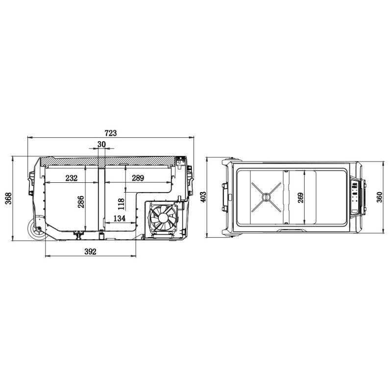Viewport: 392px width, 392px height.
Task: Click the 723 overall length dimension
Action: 111,133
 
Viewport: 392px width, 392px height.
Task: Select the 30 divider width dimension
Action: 101,144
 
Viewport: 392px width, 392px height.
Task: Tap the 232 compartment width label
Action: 72,178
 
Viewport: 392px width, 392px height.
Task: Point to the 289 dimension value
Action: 138,178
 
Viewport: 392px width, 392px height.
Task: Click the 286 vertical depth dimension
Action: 81,202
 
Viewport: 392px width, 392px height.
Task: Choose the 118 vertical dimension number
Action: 121,204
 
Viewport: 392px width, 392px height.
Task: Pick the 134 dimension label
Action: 119,218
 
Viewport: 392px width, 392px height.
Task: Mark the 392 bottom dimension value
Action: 90,251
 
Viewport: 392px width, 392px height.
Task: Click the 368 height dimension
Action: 9,198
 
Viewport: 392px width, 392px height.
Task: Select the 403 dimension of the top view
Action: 203,197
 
